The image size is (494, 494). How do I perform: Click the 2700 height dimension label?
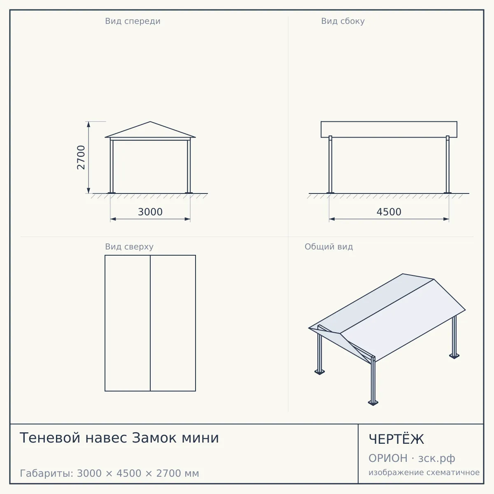click(x=81, y=157)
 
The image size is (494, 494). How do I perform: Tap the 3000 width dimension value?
click(x=150, y=212)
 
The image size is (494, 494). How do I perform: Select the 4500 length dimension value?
click(x=389, y=212)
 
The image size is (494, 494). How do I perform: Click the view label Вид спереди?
click(x=133, y=21)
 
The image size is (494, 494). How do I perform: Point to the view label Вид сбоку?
click(x=343, y=21)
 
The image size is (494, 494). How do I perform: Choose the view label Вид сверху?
click(x=129, y=247)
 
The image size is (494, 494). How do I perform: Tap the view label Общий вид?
click(x=329, y=247)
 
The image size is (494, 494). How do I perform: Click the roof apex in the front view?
click(x=150, y=122)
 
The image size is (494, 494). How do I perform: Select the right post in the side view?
click(x=447, y=164)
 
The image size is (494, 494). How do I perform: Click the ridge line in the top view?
click(x=150, y=323)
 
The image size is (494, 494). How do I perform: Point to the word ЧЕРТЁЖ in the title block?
click(x=396, y=439)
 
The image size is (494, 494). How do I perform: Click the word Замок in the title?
click(x=154, y=438)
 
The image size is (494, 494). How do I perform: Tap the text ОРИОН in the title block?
click(x=388, y=458)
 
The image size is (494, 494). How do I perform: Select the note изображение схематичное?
click(x=424, y=472)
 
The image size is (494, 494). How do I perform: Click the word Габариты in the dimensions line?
click(x=47, y=473)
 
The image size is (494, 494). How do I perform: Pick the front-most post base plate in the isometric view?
click(x=373, y=403)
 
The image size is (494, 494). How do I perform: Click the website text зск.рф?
click(x=437, y=459)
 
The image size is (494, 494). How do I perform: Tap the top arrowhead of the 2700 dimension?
click(x=89, y=124)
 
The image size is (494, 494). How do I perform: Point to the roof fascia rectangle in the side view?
click(x=389, y=129)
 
